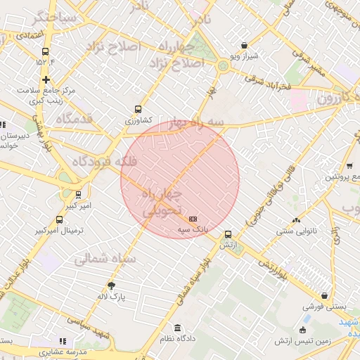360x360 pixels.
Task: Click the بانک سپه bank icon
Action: coord(193,219)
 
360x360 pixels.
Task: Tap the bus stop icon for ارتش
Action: coord(227,234)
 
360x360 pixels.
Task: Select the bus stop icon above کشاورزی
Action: coord(137,110)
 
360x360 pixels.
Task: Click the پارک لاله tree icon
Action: coord(111,285)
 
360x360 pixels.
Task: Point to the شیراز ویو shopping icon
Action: coord(244,45)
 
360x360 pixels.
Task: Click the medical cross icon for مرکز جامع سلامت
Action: coord(46,80)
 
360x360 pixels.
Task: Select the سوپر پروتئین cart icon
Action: coord(349,167)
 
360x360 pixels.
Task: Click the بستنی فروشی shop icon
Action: coord(323,296)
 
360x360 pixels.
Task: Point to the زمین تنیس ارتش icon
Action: coord(303,330)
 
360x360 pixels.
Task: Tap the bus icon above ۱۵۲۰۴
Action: coord(46,51)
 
